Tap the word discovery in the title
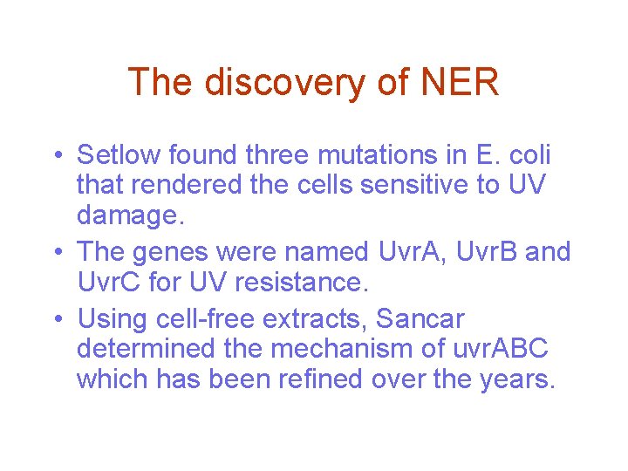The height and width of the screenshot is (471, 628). coord(285,83)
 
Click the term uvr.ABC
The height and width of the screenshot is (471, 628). coord(501,349)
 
